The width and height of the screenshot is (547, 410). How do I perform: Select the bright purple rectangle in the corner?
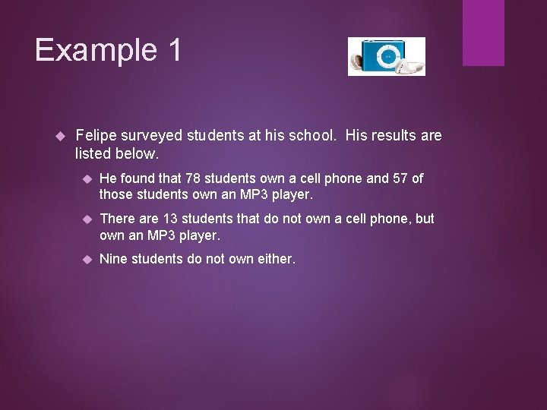point(483,32)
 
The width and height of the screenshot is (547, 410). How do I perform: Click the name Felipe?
point(97,135)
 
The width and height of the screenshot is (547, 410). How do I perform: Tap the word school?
point(316,135)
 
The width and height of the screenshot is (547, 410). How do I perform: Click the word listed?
point(93,153)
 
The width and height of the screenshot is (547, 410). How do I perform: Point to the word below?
point(137,153)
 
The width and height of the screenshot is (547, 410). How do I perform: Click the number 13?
point(172,219)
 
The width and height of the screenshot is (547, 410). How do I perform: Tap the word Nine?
point(114,259)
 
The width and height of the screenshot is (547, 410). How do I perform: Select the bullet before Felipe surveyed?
point(63,136)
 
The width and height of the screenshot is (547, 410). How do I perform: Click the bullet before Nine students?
point(87,259)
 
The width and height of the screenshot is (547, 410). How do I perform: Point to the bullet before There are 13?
point(87,219)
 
